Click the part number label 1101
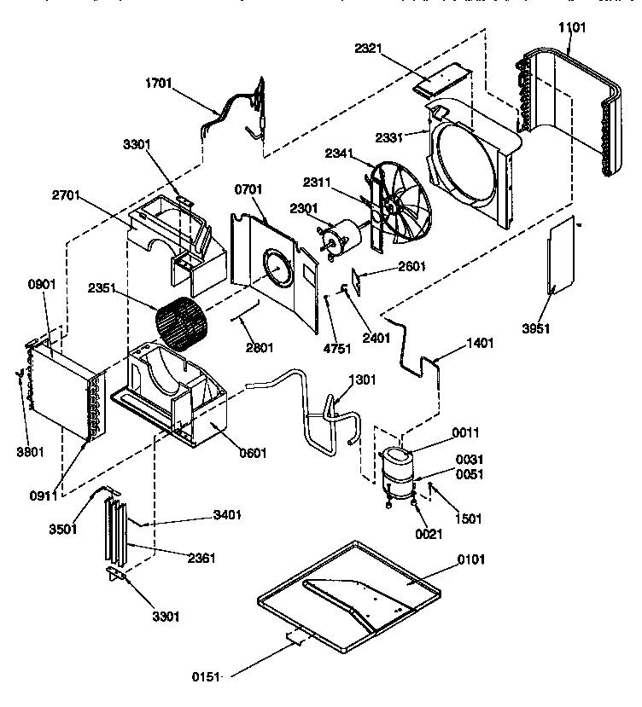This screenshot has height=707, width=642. pos(572,27)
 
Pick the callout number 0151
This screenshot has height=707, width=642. pos(206,677)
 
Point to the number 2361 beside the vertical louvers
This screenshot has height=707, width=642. pos(201,559)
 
